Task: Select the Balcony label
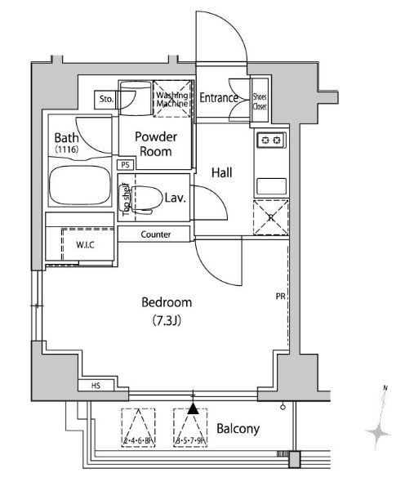(x=238, y=429)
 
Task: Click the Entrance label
(x=219, y=99)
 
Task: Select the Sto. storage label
(x=105, y=100)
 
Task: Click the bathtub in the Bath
(x=79, y=188)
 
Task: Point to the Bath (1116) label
(x=67, y=144)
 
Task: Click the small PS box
(x=125, y=165)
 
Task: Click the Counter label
(x=155, y=234)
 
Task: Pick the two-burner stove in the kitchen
(x=270, y=141)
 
